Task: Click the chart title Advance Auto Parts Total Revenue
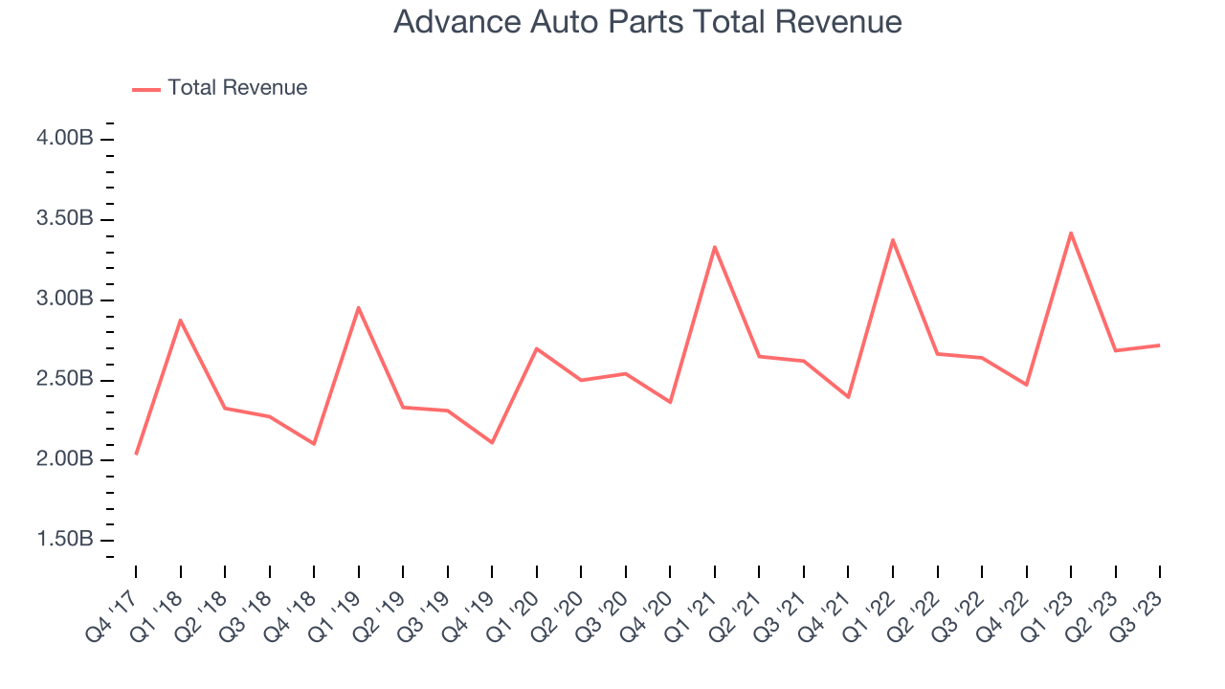pos(647,22)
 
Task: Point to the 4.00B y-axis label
pos(65,139)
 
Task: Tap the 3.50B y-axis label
pos(65,219)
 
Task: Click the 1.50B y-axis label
pos(65,540)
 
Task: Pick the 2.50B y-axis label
pos(65,380)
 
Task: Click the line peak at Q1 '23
pos(1071,233)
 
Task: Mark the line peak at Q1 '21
pos(715,247)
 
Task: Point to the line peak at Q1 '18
pos(180,320)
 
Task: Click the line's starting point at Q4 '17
pos(136,454)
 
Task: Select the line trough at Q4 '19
pos(492,442)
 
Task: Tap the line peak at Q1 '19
pos(358,307)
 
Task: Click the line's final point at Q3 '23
pos(1160,344)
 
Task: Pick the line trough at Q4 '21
pos(848,396)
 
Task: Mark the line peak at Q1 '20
pos(536,348)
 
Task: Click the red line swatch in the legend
pos(146,89)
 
